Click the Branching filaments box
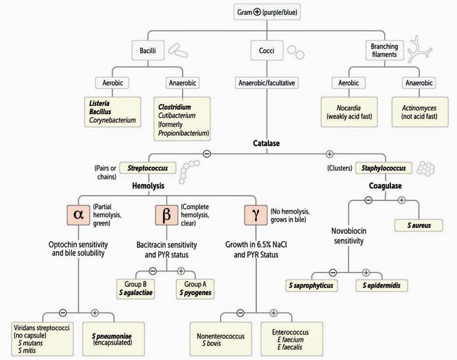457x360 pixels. [384, 50]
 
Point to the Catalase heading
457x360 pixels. [266, 143]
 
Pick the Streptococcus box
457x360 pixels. [149, 168]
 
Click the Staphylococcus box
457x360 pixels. [384, 168]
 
